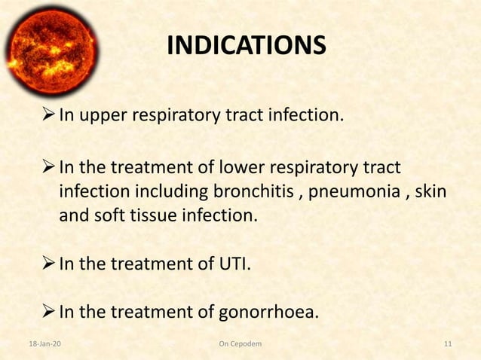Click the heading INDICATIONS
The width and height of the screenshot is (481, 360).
click(x=246, y=46)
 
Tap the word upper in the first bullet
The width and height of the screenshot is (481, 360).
click(x=102, y=117)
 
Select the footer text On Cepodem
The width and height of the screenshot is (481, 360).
click(x=240, y=345)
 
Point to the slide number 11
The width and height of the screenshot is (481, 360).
click(x=448, y=345)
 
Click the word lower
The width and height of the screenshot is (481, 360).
click(x=238, y=166)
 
